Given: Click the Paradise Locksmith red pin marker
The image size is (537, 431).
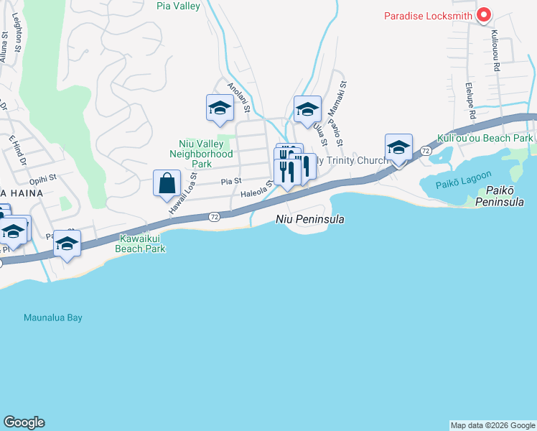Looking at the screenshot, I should tap(484, 14).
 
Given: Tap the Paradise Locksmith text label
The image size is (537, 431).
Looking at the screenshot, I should tap(429, 15).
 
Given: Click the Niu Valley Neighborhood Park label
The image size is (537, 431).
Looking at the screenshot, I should tap(201, 154).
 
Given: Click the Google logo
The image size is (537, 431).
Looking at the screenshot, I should tap(24, 422).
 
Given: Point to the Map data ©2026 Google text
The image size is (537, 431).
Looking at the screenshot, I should tap(492, 425).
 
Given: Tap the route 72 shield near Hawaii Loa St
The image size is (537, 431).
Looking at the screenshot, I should tap(214, 216).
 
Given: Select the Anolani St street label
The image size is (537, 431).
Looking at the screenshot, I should tap(238, 97).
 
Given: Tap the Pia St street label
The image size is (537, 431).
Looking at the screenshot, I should tap(230, 182).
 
